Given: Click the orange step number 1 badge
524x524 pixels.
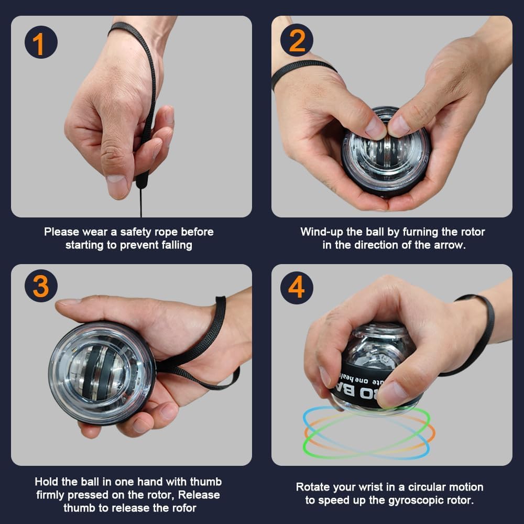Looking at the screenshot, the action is (x=41, y=42).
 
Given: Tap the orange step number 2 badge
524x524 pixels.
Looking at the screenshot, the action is (x=297, y=40).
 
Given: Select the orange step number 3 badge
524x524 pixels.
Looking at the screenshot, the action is (x=41, y=286).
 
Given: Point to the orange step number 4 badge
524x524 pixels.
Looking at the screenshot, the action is (x=297, y=287).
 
